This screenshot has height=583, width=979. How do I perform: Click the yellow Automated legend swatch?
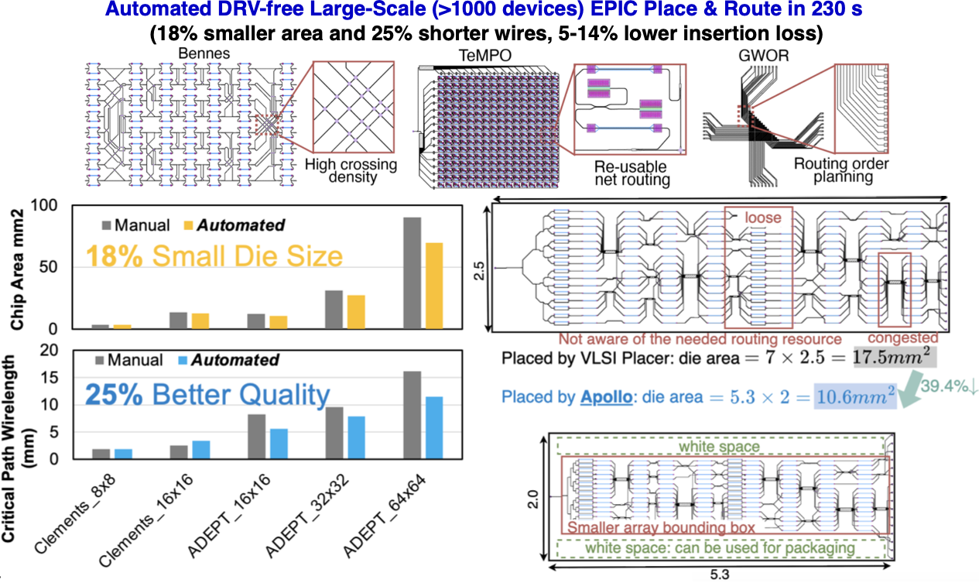[187, 225]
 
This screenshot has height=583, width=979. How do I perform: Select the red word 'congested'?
[902, 338]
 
